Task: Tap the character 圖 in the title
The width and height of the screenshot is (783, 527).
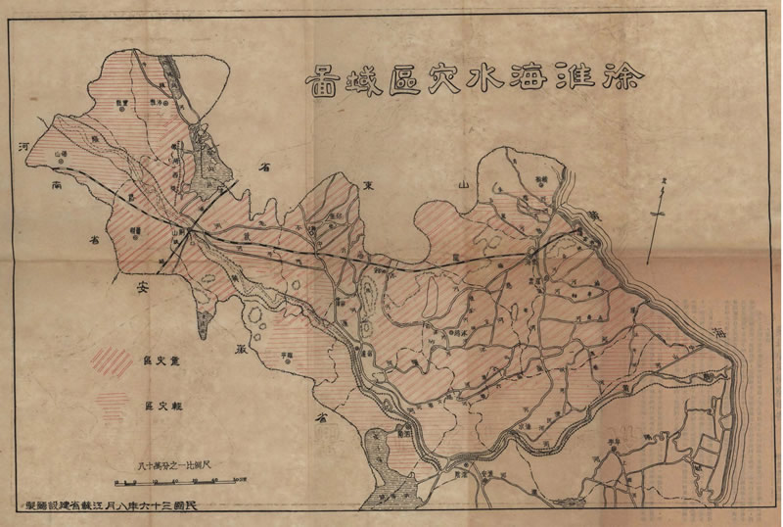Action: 320,76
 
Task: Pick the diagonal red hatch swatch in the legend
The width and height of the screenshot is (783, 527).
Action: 111,360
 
